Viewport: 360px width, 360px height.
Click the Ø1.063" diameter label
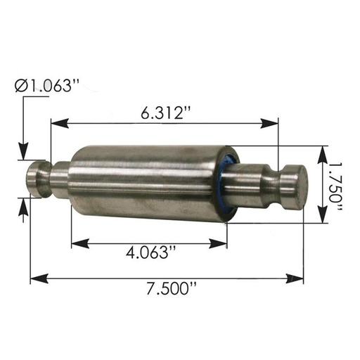[x=47, y=86]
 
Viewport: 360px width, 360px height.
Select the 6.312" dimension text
[x=166, y=112]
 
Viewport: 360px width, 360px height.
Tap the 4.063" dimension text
[x=150, y=252]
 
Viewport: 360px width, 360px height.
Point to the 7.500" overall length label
[x=171, y=288]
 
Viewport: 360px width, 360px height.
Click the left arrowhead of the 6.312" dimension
[x=60, y=123]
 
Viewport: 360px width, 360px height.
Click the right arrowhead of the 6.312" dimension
[x=269, y=123]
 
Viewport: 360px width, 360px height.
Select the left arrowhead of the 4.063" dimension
[x=80, y=243]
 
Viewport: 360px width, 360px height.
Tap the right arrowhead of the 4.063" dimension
[x=218, y=243]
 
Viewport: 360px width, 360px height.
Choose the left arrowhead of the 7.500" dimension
[x=39, y=278]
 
